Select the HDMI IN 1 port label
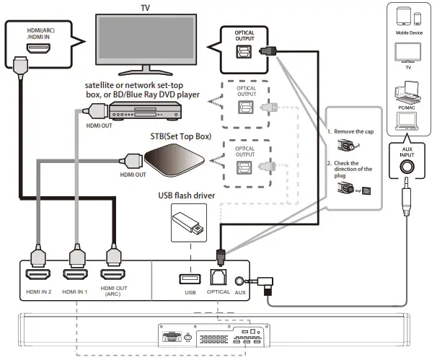pos(74,293)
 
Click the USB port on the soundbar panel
pos(190,278)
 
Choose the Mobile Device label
pos(408,33)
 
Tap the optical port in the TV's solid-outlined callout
pos(244,53)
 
